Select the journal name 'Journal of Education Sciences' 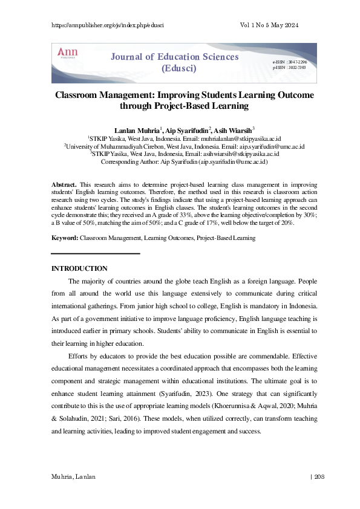click(x=174, y=57)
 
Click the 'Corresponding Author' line click(x=184, y=162)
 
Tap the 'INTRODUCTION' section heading click(x=79, y=268)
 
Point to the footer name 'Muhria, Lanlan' click(x=74, y=477)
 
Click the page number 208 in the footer click(x=319, y=477)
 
